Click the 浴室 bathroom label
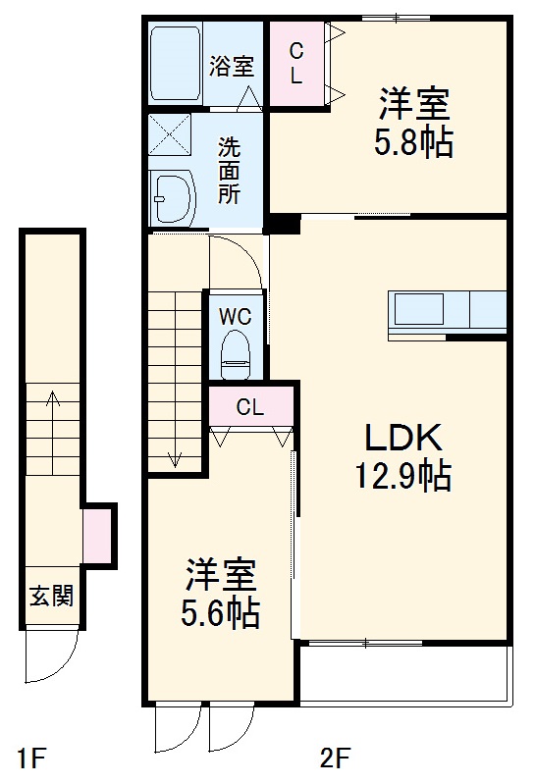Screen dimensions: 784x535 point(233,66)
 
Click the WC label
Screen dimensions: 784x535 point(236,317)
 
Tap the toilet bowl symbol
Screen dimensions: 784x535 point(236,354)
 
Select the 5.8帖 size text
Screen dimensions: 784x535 point(412,143)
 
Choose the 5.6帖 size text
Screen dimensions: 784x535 point(220,613)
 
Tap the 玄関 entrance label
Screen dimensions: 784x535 point(50,596)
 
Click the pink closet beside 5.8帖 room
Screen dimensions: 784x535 point(294,63)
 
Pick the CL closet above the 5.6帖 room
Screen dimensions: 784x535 point(250,407)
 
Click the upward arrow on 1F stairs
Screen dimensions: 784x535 point(51,401)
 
